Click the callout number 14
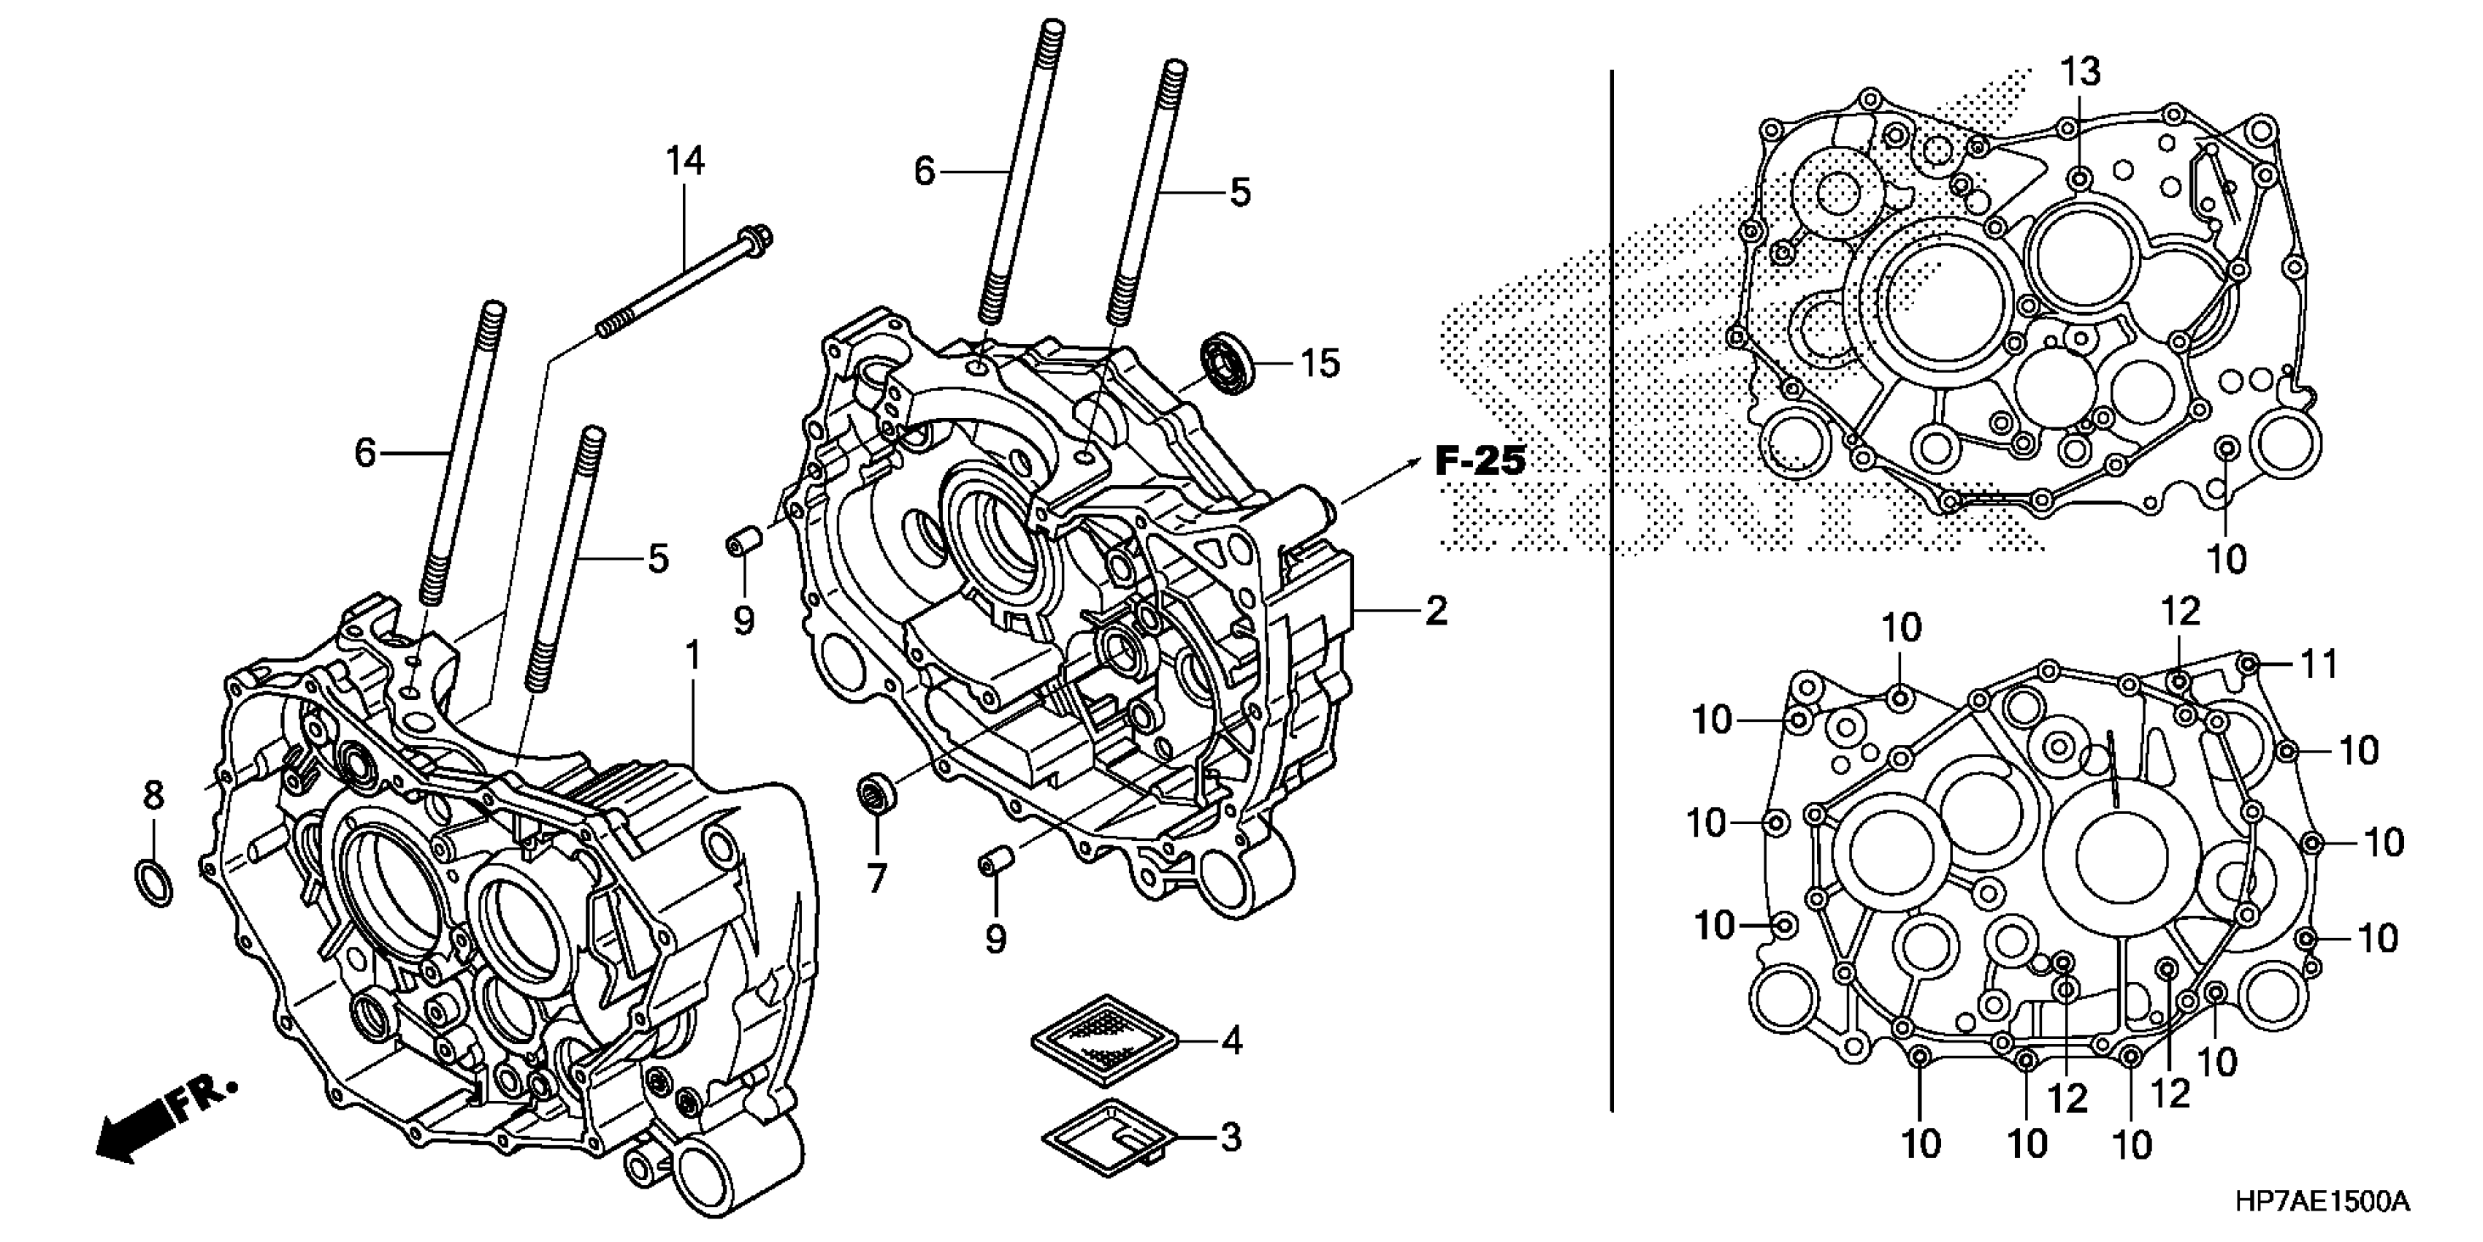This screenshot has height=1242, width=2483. tap(685, 161)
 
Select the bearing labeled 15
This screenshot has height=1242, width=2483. tap(1226, 362)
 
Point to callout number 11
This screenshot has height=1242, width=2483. tap(2320, 663)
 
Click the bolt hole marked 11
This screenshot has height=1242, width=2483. tap(2248, 663)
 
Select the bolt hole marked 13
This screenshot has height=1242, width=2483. tap(2079, 178)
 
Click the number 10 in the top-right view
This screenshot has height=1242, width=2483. tap(2227, 558)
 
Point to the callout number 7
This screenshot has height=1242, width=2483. tap(876, 878)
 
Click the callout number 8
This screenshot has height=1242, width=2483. tap(153, 796)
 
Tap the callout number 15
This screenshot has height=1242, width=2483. tap(1320, 364)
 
